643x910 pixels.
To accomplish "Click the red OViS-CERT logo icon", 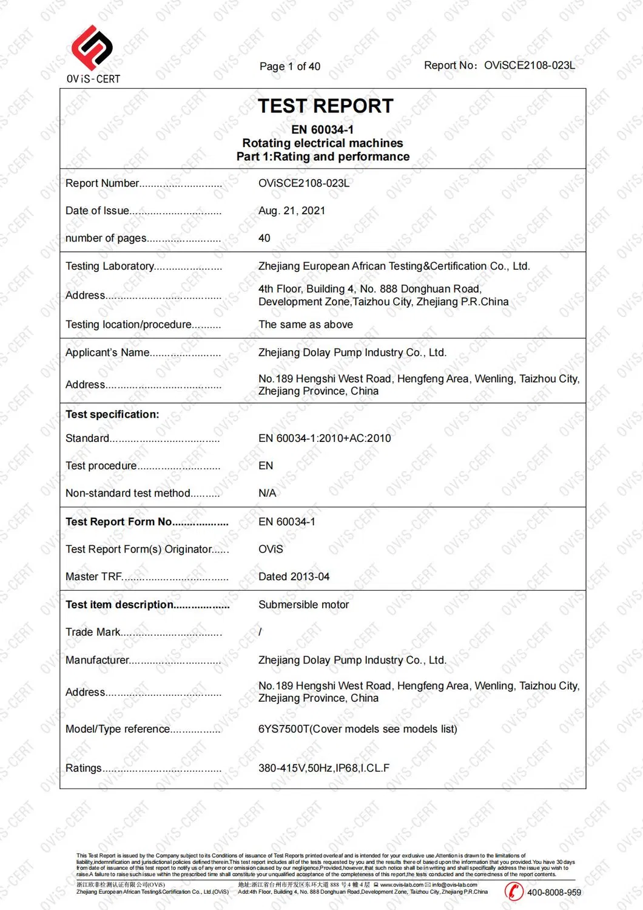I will pyautogui.click(x=92, y=47).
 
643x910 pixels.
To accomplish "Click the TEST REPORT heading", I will pyautogui.click(x=325, y=106).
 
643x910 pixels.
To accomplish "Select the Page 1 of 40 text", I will pyautogui.click(x=289, y=66).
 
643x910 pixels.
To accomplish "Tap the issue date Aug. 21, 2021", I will pyautogui.click(x=292, y=211).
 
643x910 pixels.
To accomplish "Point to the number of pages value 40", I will pyautogui.click(x=264, y=238).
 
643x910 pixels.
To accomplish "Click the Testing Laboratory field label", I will pyautogui.click(x=110, y=266).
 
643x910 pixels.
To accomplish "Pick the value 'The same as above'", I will pyautogui.click(x=306, y=324).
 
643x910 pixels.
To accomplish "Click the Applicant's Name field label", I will pyautogui.click(x=107, y=352).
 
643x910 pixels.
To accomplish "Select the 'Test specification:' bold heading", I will pyautogui.click(x=112, y=414).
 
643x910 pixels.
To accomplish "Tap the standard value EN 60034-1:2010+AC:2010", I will pyautogui.click(x=325, y=438).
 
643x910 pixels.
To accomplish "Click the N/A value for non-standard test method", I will pyautogui.click(x=267, y=493).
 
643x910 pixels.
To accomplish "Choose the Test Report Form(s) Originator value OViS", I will pyautogui.click(x=271, y=549).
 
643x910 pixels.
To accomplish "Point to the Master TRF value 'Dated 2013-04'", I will pyautogui.click(x=294, y=576).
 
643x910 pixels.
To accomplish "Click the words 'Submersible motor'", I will pyautogui.click(x=303, y=605).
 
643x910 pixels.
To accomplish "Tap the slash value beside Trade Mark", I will pyautogui.click(x=260, y=632).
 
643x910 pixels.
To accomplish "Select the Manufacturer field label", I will pyautogui.click(x=97, y=660).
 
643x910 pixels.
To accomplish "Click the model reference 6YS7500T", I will pyautogui.click(x=283, y=728).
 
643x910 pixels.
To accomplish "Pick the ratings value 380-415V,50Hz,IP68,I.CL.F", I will pyautogui.click(x=324, y=768).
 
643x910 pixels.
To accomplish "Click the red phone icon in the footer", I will pyautogui.click(x=514, y=891).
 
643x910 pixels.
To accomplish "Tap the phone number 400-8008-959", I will pyautogui.click(x=554, y=892).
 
